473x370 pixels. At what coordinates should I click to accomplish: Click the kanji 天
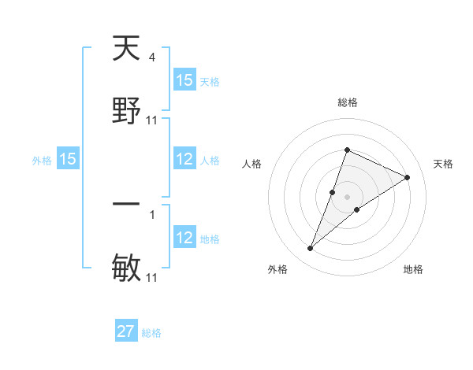[x=126, y=49]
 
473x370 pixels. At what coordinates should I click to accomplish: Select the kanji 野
[x=126, y=111]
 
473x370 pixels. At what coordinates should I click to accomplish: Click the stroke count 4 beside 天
[x=151, y=57]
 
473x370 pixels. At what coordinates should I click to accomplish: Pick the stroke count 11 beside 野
[x=152, y=120]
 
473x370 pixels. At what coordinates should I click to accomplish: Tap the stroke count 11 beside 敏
[x=152, y=278]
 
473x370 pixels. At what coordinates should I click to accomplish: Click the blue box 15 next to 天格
[x=184, y=80]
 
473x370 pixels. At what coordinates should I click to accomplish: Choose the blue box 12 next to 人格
[x=184, y=159]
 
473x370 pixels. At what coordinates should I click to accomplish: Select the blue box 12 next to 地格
[x=184, y=238]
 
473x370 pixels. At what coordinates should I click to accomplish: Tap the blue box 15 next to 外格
[x=68, y=159]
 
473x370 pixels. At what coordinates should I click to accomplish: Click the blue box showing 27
[x=126, y=331]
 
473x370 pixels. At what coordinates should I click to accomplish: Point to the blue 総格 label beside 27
[x=151, y=333]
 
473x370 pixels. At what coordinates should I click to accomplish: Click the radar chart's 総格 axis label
[x=347, y=102]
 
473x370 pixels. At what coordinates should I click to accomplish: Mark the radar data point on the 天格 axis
[x=408, y=177]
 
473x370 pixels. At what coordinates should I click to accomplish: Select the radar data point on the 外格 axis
[x=311, y=249]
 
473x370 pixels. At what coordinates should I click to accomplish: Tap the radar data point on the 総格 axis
[x=347, y=150]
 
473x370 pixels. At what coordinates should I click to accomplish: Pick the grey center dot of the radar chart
[x=347, y=196]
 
